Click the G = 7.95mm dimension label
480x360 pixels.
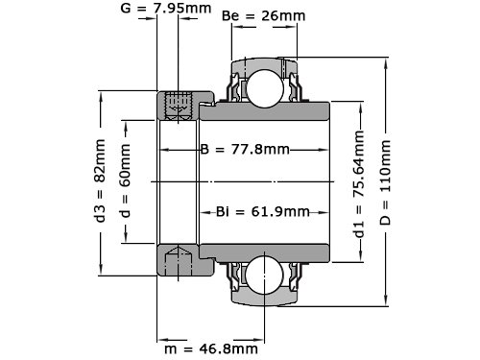tap(166, 9)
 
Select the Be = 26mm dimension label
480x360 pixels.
tap(263, 15)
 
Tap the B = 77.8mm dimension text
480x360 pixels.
tap(245, 150)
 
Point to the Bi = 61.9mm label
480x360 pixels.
tap(263, 212)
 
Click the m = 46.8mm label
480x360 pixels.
tap(211, 348)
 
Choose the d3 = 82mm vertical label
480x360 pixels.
tap(100, 180)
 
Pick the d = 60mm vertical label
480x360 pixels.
tap(125, 180)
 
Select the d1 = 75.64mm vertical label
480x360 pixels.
tap(359, 183)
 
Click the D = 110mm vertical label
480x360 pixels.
tap(385, 182)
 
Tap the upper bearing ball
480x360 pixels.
tap(265, 88)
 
